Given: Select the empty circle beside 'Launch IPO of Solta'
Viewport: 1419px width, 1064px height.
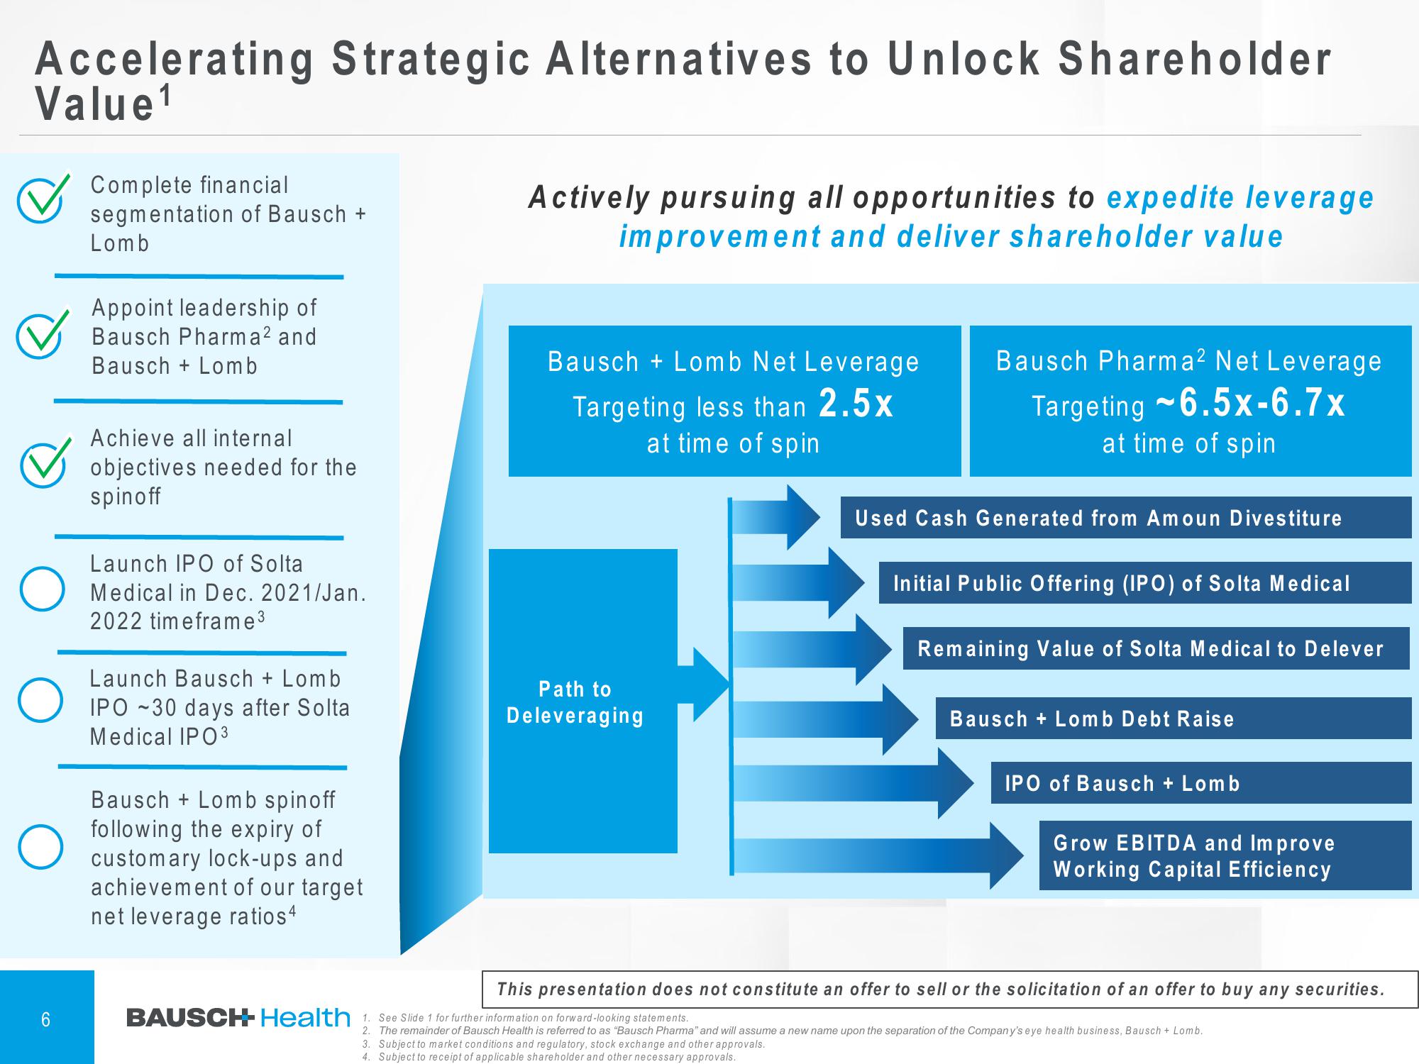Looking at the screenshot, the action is click(42, 589).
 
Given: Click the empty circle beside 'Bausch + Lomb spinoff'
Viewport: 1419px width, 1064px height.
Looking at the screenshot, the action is click(40, 847).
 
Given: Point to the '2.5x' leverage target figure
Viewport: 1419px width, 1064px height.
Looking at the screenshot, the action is click(856, 404).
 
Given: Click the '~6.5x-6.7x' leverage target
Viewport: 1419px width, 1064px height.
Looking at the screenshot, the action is click(1250, 404).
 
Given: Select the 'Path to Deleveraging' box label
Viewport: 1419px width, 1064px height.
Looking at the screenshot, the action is click(575, 702).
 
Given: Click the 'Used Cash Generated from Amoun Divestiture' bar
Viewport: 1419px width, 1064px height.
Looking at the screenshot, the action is click(1126, 517).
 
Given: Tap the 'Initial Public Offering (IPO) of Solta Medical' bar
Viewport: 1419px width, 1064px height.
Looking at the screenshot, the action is click(1145, 583).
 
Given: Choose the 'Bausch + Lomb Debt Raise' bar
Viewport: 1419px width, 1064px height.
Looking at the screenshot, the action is click(1174, 719).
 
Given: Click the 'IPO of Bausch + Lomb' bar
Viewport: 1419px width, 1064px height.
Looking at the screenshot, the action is click(1201, 783).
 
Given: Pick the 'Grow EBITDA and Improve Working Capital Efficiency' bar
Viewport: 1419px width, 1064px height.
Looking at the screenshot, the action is click(1225, 855).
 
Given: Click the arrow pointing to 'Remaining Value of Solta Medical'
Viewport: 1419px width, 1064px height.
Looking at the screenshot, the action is click(812, 649).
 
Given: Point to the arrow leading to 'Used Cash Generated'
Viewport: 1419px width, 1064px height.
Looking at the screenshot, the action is click(776, 517).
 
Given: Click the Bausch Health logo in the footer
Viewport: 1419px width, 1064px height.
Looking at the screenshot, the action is click(238, 1018).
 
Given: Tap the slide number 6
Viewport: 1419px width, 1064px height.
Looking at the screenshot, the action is click(46, 1020).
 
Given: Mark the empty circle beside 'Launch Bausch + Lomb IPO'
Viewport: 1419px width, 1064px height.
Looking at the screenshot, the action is click(40, 700).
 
